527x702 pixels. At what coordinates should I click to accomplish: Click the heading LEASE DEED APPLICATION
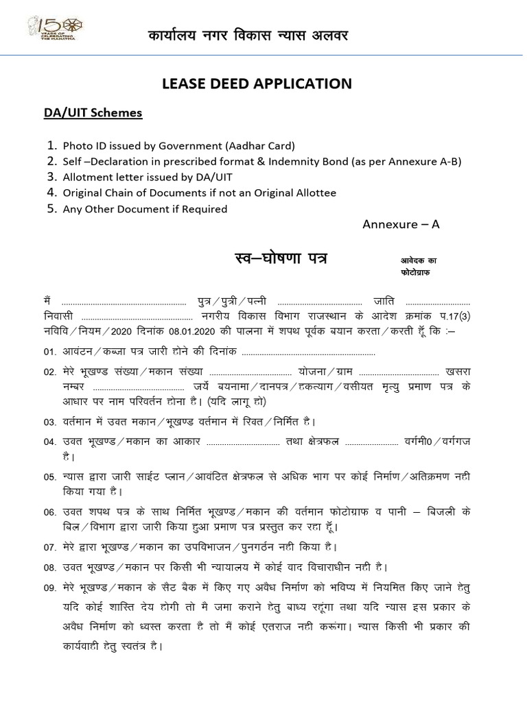click(x=257, y=84)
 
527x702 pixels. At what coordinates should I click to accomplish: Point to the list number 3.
click(x=51, y=178)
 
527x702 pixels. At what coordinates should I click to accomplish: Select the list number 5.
click(x=51, y=209)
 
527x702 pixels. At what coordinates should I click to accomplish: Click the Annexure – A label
click(x=399, y=225)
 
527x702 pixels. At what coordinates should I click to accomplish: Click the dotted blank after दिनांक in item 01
click(x=309, y=352)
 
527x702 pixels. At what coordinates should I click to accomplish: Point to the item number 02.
click(x=49, y=372)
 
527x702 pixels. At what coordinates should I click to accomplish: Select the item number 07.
click(x=49, y=548)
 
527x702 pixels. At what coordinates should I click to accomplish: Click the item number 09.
click(x=49, y=588)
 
